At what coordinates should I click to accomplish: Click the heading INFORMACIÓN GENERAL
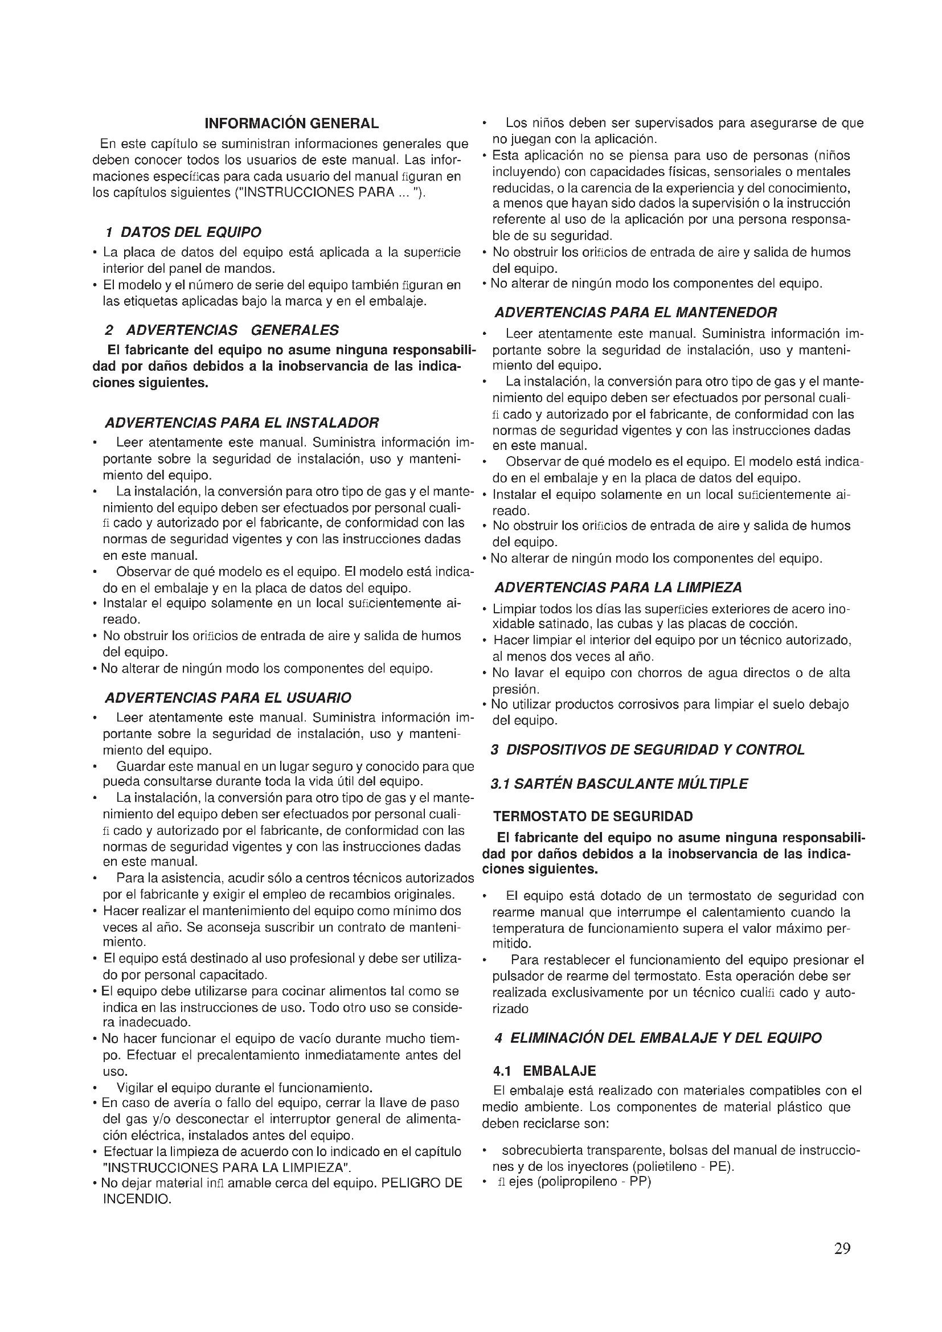point(292,124)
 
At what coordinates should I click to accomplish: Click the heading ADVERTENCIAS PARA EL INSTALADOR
point(241,422)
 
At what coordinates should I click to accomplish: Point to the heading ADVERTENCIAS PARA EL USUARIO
point(227,698)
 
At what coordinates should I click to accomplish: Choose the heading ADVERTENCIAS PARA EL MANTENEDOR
point(635,313)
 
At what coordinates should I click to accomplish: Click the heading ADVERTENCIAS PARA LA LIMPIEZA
point(618,588)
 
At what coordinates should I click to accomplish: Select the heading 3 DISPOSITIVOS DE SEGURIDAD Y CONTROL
point(648,749)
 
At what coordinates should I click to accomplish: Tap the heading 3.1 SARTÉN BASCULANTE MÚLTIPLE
point(619,784)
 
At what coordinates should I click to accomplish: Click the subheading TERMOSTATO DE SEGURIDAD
point(593,817)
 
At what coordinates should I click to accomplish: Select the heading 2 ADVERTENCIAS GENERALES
point(222,330)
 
